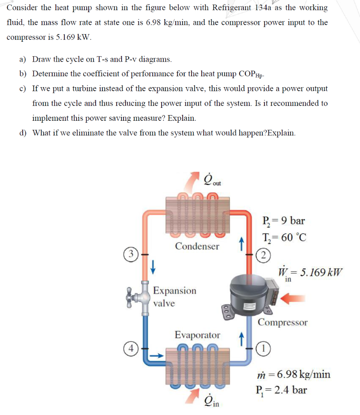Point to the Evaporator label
point(197,335)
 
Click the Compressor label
point(282,323)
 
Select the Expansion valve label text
point(174,297)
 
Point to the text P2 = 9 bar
point(283,221)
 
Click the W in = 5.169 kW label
point(310,273)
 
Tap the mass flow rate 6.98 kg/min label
point(294,374)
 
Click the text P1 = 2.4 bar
point(281,390)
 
